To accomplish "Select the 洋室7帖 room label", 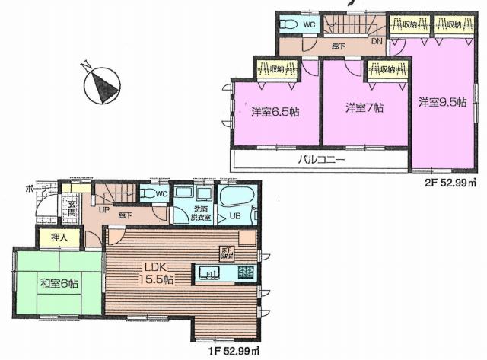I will click(364, 108).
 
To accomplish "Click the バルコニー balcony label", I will click(321, 161).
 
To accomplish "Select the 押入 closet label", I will click(49, 237).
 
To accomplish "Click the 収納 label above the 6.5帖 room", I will click(272, 70).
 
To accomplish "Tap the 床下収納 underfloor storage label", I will click(226, 253).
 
